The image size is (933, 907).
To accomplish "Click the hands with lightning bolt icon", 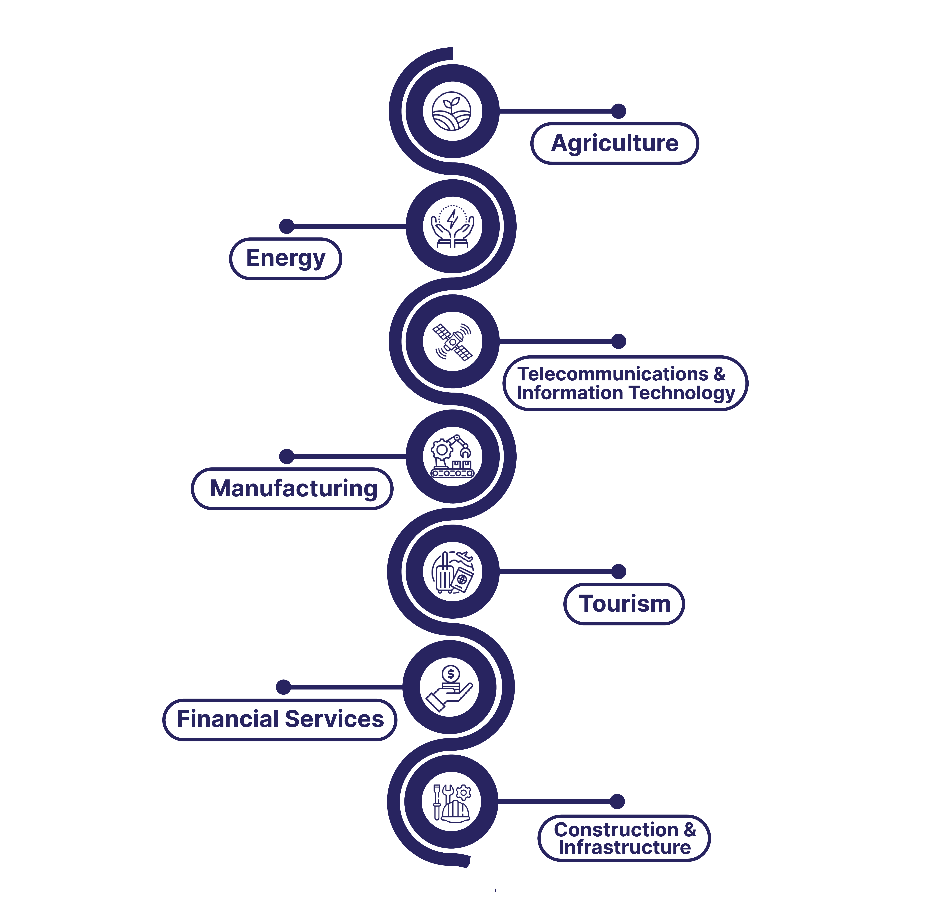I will coord(452,226).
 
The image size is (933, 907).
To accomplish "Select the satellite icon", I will coord(452,342).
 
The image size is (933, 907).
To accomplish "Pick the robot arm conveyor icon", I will coord(452,456).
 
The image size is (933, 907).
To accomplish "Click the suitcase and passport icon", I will coord(452,572).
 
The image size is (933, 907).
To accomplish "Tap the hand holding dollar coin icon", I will coord(449,687).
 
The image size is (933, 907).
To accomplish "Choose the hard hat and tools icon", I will coord(451,802).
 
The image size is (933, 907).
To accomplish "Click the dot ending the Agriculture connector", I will coord(619,111).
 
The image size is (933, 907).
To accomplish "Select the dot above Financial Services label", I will coord(283,687).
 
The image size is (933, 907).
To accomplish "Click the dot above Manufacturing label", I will coord(286,456).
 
